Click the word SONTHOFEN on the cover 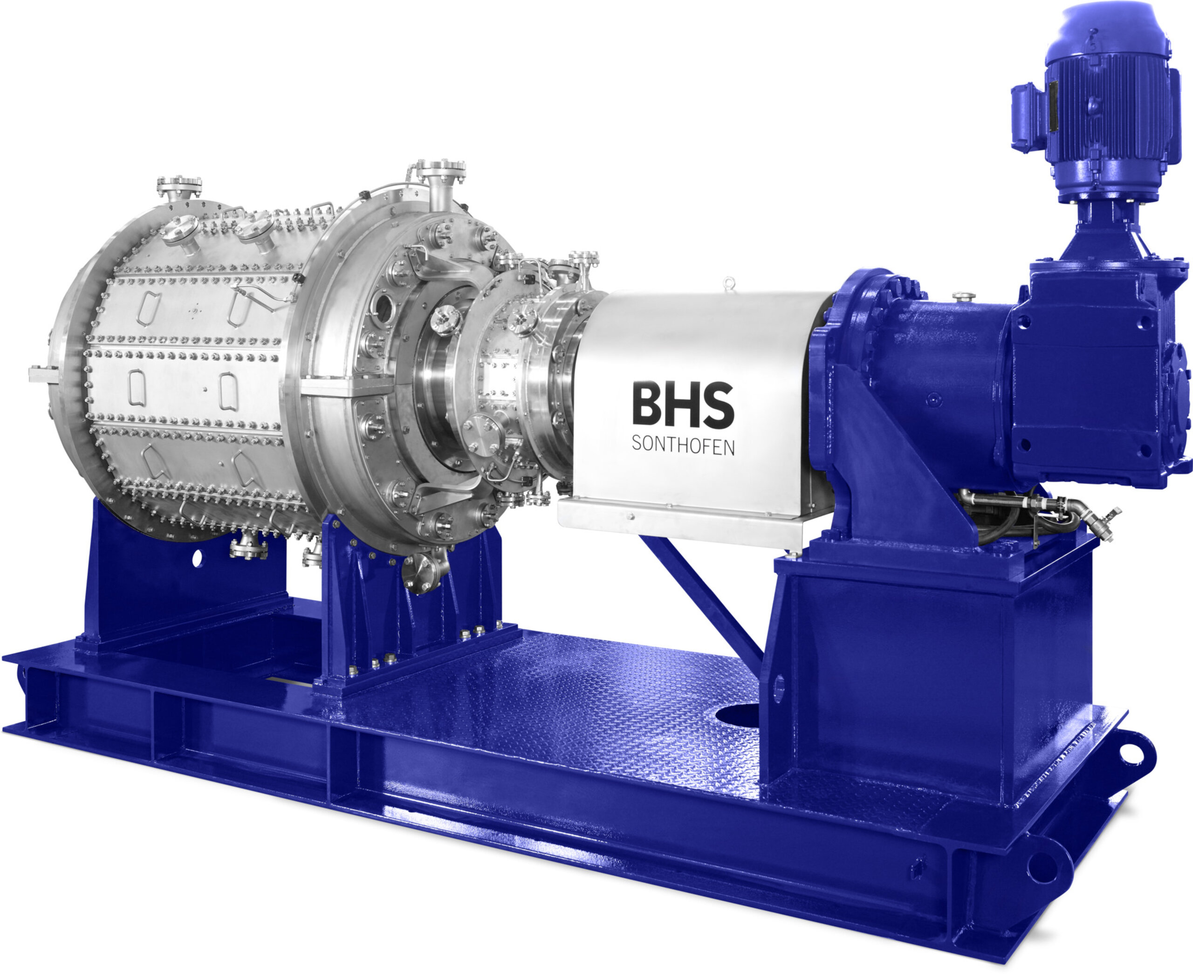click(683, 446)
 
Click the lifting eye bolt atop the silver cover click(728, 282)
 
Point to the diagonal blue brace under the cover click(701, 595)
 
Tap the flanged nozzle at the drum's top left click(179, 186)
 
